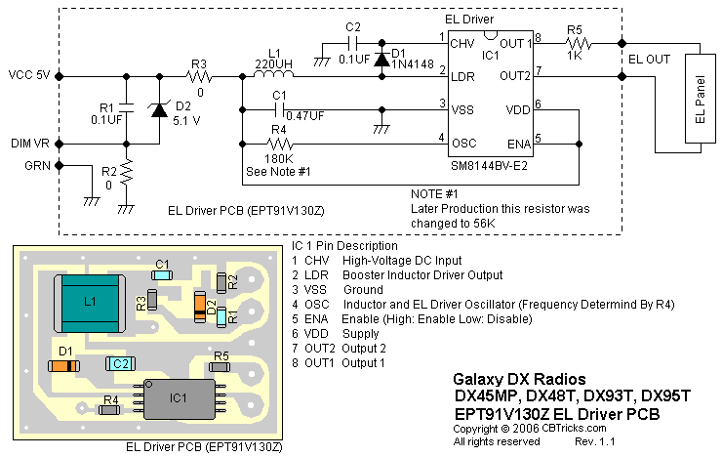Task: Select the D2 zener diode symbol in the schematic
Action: (158, 108)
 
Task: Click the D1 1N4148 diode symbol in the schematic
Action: (382, 59)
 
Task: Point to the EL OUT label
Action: (648, 60)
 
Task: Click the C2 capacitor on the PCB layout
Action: (119, 363)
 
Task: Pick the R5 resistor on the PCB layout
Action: (221, 367)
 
